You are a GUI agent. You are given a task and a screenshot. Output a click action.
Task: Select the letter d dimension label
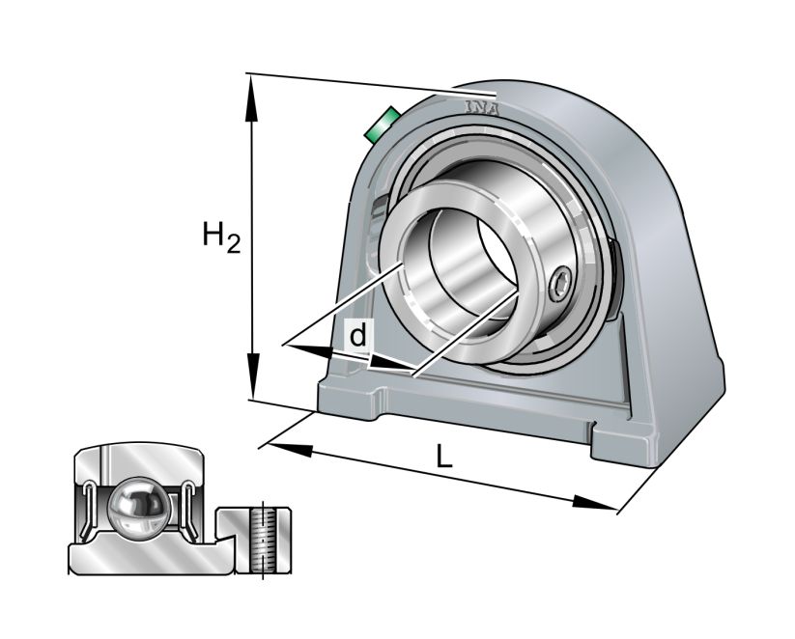tap(357, 336)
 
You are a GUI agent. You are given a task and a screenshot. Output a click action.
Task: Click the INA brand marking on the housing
tap(482, 107)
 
